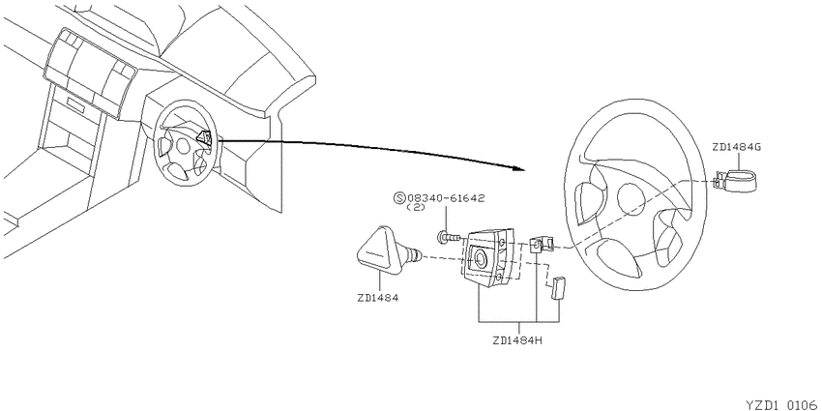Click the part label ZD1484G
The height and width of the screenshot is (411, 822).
tap(736, 147)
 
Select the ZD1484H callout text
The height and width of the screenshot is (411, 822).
tap(517, 339)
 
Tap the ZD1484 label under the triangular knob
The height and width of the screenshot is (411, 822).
tap(377, 298)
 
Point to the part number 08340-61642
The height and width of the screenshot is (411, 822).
tap(446, 198)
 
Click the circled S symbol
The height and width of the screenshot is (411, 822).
tap(399, 198)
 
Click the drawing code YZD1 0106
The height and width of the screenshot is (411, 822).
tap(783, 404)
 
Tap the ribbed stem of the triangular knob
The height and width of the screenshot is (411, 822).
tap(414, 254)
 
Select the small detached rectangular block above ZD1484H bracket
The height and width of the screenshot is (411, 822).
tap(556, 287)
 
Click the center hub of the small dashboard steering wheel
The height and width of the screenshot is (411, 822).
tap(183, 146)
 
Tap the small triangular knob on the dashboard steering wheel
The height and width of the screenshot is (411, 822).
tap(204, 138)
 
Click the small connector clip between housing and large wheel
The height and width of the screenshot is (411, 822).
tap(542, 244)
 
